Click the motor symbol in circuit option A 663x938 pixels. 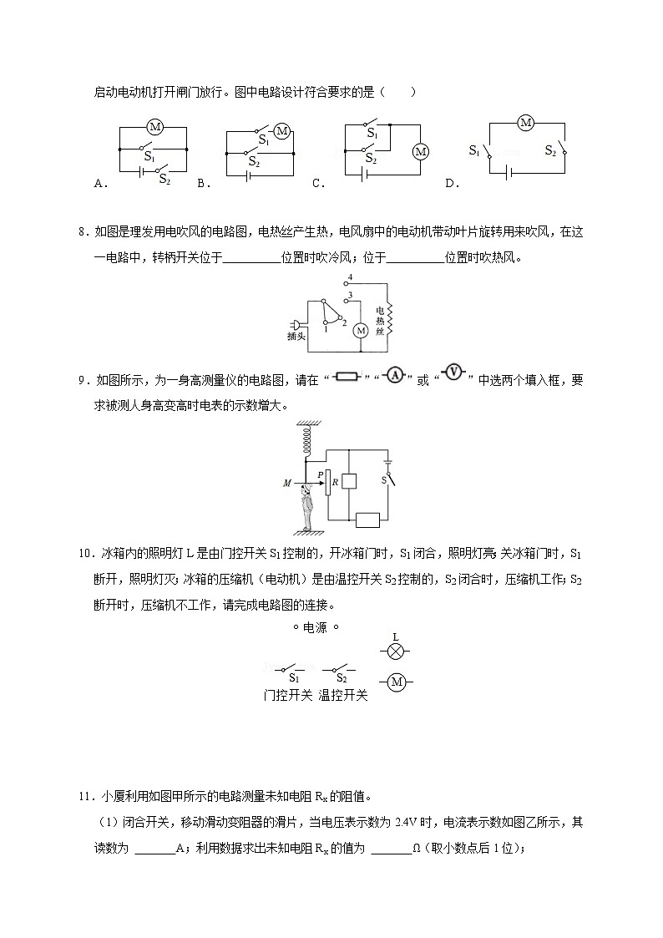(154, 127)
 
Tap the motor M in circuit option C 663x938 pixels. (420, 151)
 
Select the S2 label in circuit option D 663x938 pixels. (550, 150)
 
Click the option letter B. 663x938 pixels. (200, 185)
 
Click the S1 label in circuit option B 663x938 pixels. (263, 139)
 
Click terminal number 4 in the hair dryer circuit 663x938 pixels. (351, 276)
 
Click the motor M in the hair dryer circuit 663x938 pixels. (361, 330)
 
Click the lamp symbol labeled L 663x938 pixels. (396, 650)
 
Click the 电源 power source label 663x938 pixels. (315, 628)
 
